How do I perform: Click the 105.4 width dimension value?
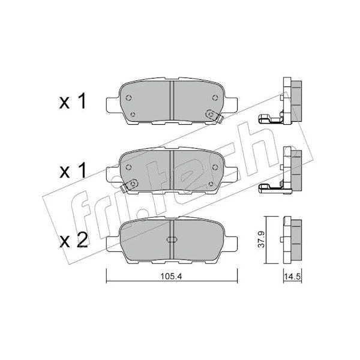tap(171, 276)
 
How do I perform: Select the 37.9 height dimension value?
tap(262, 239)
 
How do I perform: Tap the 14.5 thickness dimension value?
tap(292, 277)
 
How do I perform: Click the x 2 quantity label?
tap(73, 241)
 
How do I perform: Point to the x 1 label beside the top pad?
tap(73, 101)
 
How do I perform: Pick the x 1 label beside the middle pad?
tap(73, 170)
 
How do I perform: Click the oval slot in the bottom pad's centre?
tap(172, 239)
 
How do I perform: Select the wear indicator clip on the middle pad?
tap(130, 185)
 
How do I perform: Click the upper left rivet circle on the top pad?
tap(128, 98)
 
